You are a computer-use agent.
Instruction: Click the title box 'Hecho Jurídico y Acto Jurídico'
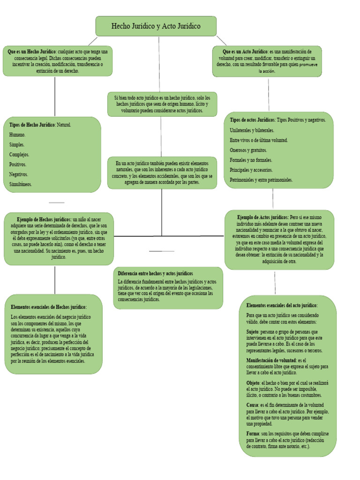point(156,26)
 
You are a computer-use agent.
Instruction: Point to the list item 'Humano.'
point(17,135)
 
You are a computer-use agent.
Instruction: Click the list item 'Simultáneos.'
point(21,184)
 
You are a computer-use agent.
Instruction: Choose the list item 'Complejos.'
point(19,155)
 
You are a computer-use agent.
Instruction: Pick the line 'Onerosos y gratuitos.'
point(248,150)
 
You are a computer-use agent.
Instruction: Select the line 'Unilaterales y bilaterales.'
point(252,130)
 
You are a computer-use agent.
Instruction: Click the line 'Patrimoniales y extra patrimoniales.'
point(261,180)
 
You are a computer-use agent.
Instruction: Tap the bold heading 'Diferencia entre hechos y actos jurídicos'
point(156,273)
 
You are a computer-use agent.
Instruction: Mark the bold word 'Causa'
point(252,405)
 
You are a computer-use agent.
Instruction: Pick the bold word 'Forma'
point(253,434)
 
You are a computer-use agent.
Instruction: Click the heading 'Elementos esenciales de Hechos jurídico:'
point(49,307)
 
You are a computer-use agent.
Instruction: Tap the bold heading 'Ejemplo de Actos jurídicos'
point(262,217)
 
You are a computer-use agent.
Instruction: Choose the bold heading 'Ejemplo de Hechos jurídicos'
point(44,219)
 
